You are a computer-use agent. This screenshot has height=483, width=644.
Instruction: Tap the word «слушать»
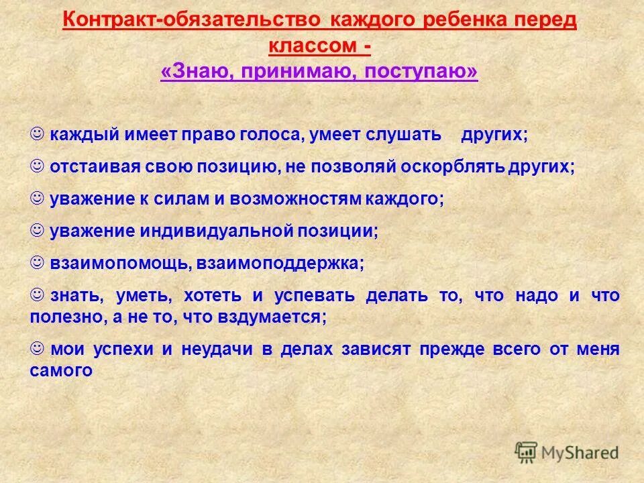click(403, 134)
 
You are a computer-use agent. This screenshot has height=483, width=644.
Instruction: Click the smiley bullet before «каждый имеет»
click(38, 133)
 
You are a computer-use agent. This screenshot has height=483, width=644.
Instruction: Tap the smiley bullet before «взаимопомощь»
click(38, 262)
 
